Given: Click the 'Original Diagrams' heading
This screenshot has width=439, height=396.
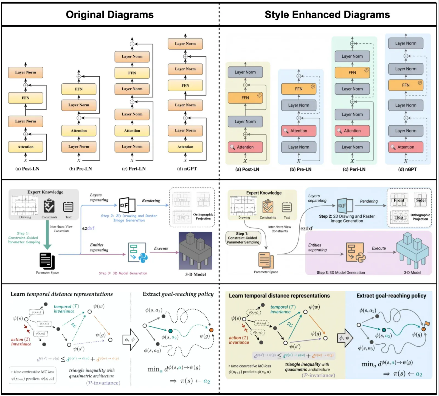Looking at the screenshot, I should pos(109,15).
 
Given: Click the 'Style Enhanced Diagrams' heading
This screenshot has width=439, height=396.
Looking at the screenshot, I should pos(327,15).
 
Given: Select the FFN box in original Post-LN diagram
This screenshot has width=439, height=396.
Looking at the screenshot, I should pos(26,98).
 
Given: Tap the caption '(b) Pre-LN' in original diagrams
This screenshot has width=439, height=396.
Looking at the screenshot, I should pos(80,169).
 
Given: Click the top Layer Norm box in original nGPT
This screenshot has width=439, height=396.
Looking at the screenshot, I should pos(185,44).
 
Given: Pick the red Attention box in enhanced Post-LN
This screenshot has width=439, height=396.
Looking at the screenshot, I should pos(245,147).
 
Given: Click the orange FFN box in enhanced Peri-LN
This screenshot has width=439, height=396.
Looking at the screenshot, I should pos(352,73).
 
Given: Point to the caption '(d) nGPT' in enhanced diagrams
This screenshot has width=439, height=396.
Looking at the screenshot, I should pos(407,169).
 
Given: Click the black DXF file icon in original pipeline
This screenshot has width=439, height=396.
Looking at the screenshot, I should pos(127,205).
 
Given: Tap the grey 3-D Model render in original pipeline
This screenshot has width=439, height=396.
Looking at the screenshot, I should pos(195,251).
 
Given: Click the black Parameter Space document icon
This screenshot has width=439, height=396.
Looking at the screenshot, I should pos(47,261).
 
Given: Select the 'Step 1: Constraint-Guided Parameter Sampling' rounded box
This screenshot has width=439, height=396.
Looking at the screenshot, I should pos(243,238).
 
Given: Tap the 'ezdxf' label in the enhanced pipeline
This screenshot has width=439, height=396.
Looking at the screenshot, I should pos(306,228).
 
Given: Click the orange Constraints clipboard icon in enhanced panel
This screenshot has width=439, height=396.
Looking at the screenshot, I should pos(268,207).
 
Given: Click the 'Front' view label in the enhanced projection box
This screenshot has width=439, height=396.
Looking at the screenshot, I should pos(399,200).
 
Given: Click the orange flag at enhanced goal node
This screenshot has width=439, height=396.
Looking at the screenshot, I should pos(427,324).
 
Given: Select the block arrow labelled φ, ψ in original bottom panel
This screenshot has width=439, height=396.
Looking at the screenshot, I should pos(130,340).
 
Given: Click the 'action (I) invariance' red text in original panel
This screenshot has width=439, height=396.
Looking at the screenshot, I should pos(21,342).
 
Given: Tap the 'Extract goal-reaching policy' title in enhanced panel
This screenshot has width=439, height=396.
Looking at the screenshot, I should pos(391,296).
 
